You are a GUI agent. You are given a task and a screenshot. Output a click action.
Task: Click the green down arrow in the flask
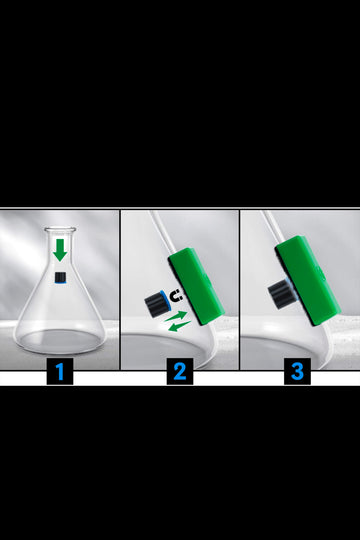[60, 250]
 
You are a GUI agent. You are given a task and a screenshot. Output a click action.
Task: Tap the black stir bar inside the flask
[60, 277]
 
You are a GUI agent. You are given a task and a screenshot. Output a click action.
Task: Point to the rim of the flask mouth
[60, 229]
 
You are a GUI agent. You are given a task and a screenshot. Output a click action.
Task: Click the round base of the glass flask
[60, 341]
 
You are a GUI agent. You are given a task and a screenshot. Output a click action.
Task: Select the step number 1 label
[60, 371]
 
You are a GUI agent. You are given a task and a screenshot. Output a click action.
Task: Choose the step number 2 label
[180, 371]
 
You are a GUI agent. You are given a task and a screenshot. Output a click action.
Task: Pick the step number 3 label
[297, 371]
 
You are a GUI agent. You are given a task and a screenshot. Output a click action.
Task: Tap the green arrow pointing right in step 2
[176, 316]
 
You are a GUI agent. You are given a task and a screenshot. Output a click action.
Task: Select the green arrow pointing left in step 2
[179, 326]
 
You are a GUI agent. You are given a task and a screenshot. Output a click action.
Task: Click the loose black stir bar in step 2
[157, 303]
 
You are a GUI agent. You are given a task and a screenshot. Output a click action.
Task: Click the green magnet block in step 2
[196, 287]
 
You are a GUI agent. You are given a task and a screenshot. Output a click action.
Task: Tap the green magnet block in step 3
[308, 281]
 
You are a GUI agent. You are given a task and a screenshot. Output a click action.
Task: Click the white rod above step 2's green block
[163, 233]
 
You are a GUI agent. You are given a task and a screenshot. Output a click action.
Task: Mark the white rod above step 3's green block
[274, 227]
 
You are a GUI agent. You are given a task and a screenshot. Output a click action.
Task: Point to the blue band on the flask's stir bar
[60, 282]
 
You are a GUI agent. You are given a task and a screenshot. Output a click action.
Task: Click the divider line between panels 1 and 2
[120, 290]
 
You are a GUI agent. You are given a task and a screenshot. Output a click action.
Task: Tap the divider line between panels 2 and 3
[239, 290]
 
